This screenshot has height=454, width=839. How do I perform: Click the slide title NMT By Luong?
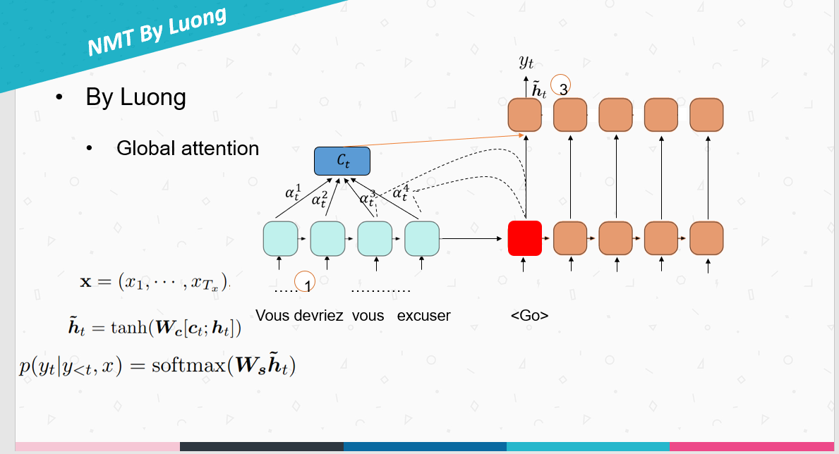click(157, 32)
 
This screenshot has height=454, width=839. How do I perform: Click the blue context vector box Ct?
click(342, 161)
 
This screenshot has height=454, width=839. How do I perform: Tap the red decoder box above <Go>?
click(525, 238)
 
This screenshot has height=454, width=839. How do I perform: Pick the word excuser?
click(423, 316)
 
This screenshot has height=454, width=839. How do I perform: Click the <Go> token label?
click(529, 316)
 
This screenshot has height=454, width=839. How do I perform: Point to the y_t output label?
click(526, 63)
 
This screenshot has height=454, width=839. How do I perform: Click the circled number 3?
click(562, 87)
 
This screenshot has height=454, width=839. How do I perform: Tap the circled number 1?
click(306, 283)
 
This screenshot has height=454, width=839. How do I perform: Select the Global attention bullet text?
click(188, 149)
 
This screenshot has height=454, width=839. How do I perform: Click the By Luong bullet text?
click(135, 97)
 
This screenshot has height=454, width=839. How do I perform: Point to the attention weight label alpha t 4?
click(400, 192)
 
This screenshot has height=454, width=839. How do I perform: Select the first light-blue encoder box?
click(280, 238)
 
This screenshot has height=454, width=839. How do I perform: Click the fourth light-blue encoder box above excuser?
click(421, 238)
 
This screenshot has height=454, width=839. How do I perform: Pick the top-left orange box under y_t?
click(525, 114)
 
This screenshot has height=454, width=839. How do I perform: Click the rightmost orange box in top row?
click(706, 114)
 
